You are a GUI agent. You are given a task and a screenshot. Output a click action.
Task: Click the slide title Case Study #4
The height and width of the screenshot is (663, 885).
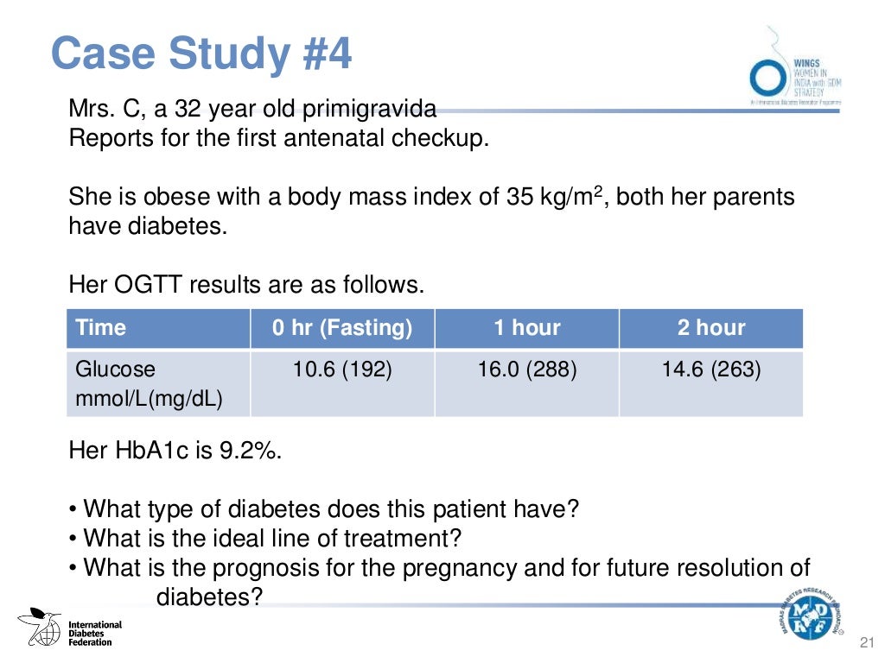tap(202, 54)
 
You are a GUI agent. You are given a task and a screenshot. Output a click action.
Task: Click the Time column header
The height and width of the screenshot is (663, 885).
tap(101, 328)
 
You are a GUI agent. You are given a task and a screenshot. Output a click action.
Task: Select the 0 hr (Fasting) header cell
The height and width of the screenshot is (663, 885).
tap(342, 328)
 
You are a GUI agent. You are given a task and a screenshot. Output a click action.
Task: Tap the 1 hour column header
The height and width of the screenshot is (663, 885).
tap(526, 328)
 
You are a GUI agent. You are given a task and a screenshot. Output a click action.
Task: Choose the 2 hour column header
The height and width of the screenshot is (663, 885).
tap(710, 328)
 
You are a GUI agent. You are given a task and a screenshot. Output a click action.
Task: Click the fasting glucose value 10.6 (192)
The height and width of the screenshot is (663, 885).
tap(342, 369)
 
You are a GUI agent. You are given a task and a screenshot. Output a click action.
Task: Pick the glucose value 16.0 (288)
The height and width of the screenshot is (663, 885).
tap(526, 369)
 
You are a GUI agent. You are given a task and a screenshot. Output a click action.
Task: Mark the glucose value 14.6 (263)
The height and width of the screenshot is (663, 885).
tap(710, 369)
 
